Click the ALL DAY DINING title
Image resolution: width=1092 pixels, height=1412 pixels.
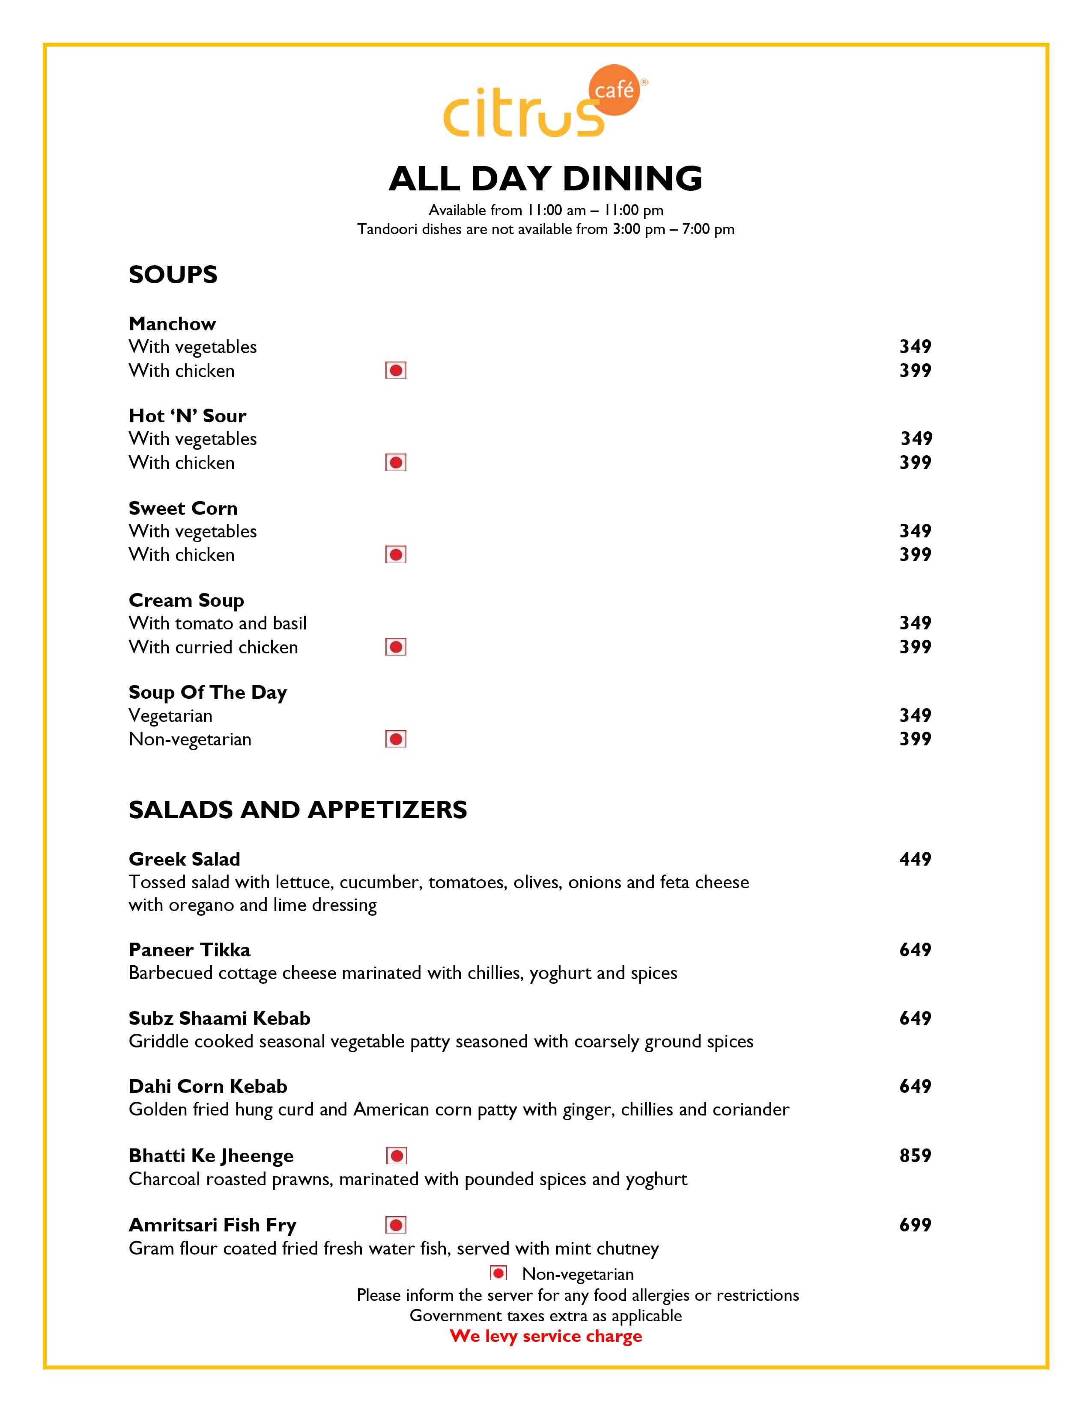tap(545, 179)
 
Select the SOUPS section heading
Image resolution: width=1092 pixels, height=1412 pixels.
tap(173, 275)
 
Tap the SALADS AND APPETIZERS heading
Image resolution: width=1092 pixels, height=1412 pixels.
tap(298, 810)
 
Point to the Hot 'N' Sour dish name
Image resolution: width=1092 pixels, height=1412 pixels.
tap(187, 416)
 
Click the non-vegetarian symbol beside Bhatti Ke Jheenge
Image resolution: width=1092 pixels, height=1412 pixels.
tap(396, 1155)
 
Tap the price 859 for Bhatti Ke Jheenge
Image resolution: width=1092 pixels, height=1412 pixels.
tap(915, 1155)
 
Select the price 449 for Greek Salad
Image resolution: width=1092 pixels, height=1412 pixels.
tap(915, 859)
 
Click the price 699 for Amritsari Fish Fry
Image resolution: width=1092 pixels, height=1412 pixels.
tap(915, 1225)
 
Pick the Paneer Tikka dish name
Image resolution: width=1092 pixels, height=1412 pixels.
tap(190, 950)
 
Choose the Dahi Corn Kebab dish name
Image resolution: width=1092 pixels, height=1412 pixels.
tap(208, 1086)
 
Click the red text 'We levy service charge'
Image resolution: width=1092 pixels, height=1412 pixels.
tap(545, 1336)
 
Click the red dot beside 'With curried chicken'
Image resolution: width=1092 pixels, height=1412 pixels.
tap(396, 647)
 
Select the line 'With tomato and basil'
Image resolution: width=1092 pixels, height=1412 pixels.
tap(218, 623)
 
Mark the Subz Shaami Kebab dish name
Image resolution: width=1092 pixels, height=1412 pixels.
tap(219, 1018)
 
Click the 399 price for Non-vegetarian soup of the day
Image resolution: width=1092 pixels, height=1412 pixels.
tap(915, 739)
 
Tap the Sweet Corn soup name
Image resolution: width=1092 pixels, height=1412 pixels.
tap(183, 508)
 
